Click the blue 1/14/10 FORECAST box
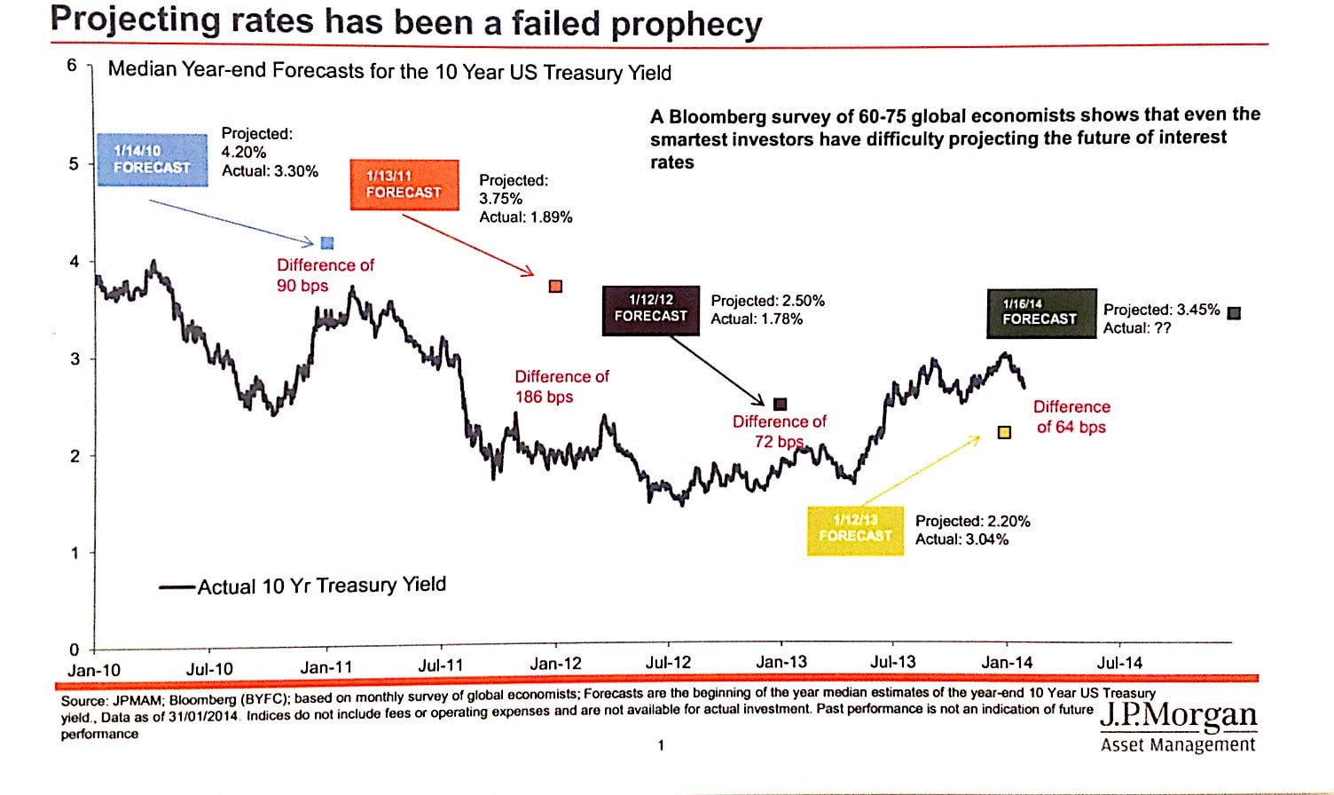coord(152,160)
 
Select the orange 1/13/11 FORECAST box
coord(404,185)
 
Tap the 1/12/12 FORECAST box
coord(651,309)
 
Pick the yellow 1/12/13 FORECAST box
coord(855,529)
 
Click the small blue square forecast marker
coord(327,243)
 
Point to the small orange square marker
coord(556,286)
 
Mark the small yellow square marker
coord(1004,432)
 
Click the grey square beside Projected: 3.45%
coord(1234,312)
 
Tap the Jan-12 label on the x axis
coord(556,664)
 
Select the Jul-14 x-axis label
coord(1119,662)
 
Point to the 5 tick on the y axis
coord(74,164)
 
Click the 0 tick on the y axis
coord(74,649)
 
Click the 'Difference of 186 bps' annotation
coord(561,387)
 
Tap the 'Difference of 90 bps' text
coord(325,275)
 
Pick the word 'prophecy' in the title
coord(687,23)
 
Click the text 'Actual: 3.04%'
coord(961,539)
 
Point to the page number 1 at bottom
coord(661,745)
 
